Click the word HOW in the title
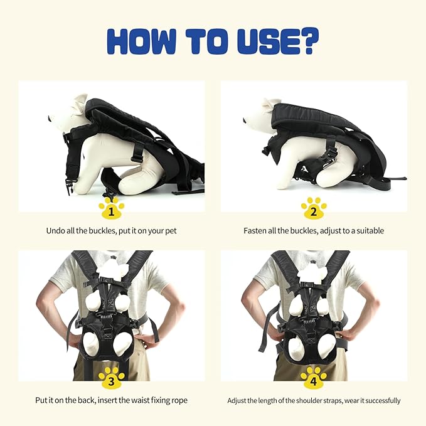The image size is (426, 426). pyautogui.click(x=141, y=41)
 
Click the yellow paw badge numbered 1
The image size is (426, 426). pyautogui.click(x=112, y=208)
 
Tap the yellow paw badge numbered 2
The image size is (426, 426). pyautogui.click(x=314, y=208)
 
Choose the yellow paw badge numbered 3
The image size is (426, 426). pyautogui.click(x=112, y=378)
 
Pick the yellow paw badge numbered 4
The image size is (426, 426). pyautogui.click(x=314, y=378)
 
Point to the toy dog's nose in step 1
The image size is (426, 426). pyautogui.click(x=49, y=119)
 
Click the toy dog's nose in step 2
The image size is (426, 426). pyautogui.click(x=244, y=120)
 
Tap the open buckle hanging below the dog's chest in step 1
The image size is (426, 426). pyautogui.click(x=70, y=186)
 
